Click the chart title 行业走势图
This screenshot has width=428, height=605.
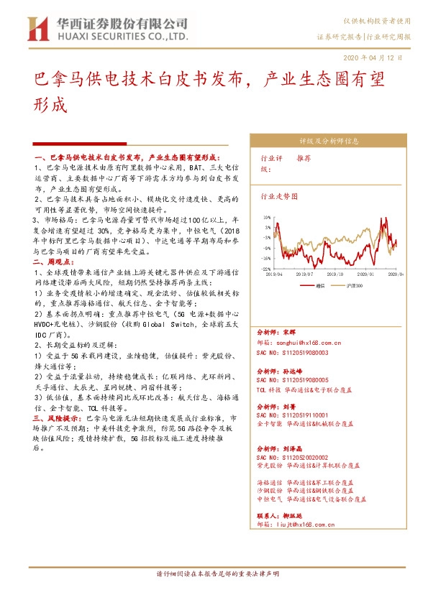point(279,195)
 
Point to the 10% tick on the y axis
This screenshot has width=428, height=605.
point(266,216)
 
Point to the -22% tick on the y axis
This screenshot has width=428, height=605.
point(265,269)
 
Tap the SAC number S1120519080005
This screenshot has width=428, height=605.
point(292,379)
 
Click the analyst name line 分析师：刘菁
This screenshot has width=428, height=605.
point(272,406)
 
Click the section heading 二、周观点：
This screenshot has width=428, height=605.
point(53,265)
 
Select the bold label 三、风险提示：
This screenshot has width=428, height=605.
point(57,417)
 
